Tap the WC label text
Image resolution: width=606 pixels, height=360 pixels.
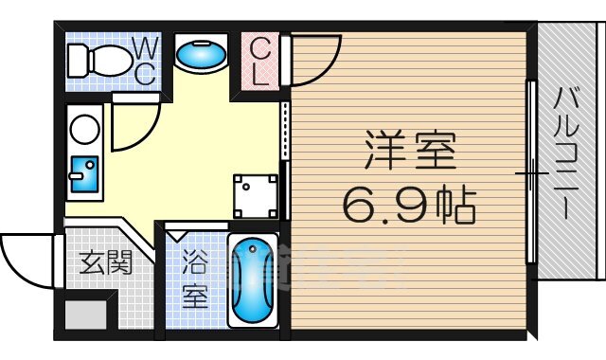pos(145,62)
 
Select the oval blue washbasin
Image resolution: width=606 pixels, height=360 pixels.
pos(201,56)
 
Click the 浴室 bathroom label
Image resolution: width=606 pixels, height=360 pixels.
pos(194,278)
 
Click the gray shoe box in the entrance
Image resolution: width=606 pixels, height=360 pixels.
pos(87,314)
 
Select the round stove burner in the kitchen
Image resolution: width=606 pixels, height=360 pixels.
pos(82,128)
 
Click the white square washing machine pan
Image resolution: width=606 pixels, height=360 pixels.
pos(256,195)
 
